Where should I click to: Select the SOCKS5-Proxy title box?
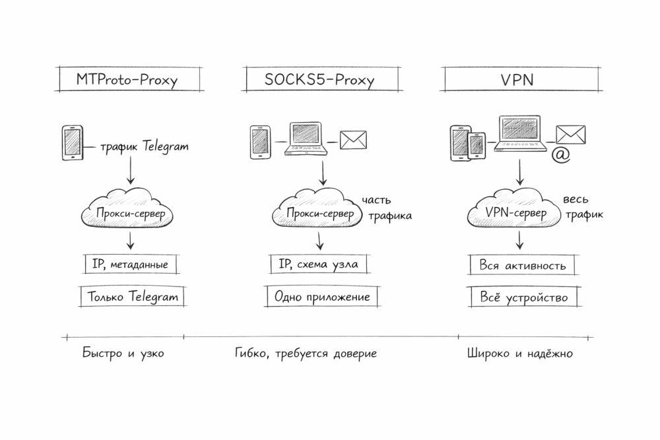pyautogui.click(x=319, y=80)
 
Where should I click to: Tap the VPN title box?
pyautogui.click(x=516, y=80)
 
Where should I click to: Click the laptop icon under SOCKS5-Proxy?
pyautogui.click(x=306, y=139)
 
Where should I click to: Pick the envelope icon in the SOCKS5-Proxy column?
pyautogui.click(x=353, y=140)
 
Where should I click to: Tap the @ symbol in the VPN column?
pyautogui.click(x=560, y=156)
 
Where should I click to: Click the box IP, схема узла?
pyautogui.click(x=318, y=265)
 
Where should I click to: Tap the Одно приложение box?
pyautogui.click(x=323, y=297)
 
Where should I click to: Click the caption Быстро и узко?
pyautogui.click(x=123, y=354)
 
